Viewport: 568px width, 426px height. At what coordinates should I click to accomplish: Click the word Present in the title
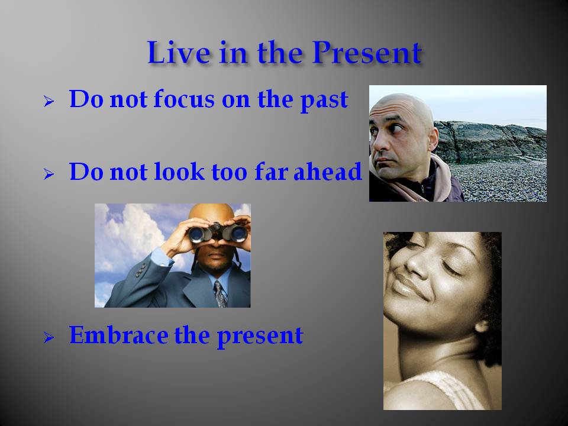coord(367,53)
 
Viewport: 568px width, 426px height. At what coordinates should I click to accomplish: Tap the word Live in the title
coord(179,53)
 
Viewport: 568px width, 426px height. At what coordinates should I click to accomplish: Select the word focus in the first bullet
coord(184,99)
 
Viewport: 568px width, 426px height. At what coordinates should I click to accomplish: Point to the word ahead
coord(327,171)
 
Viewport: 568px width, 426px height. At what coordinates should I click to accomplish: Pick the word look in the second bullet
coord(179,171)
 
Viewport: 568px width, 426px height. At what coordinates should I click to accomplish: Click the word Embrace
coord(119,335)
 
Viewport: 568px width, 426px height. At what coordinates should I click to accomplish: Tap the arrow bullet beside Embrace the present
coord(49,338)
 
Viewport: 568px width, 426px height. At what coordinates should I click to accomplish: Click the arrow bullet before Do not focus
coord(49,101)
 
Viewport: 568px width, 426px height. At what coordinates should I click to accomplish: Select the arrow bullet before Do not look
coord(49,174)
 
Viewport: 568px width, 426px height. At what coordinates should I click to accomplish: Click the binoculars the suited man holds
coord(218,233)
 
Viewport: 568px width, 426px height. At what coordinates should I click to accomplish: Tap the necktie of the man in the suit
coord(220,294)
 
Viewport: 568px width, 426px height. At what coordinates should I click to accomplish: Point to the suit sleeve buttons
coord(141,270)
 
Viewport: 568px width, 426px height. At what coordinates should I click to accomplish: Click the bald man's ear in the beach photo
coord(432,138)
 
